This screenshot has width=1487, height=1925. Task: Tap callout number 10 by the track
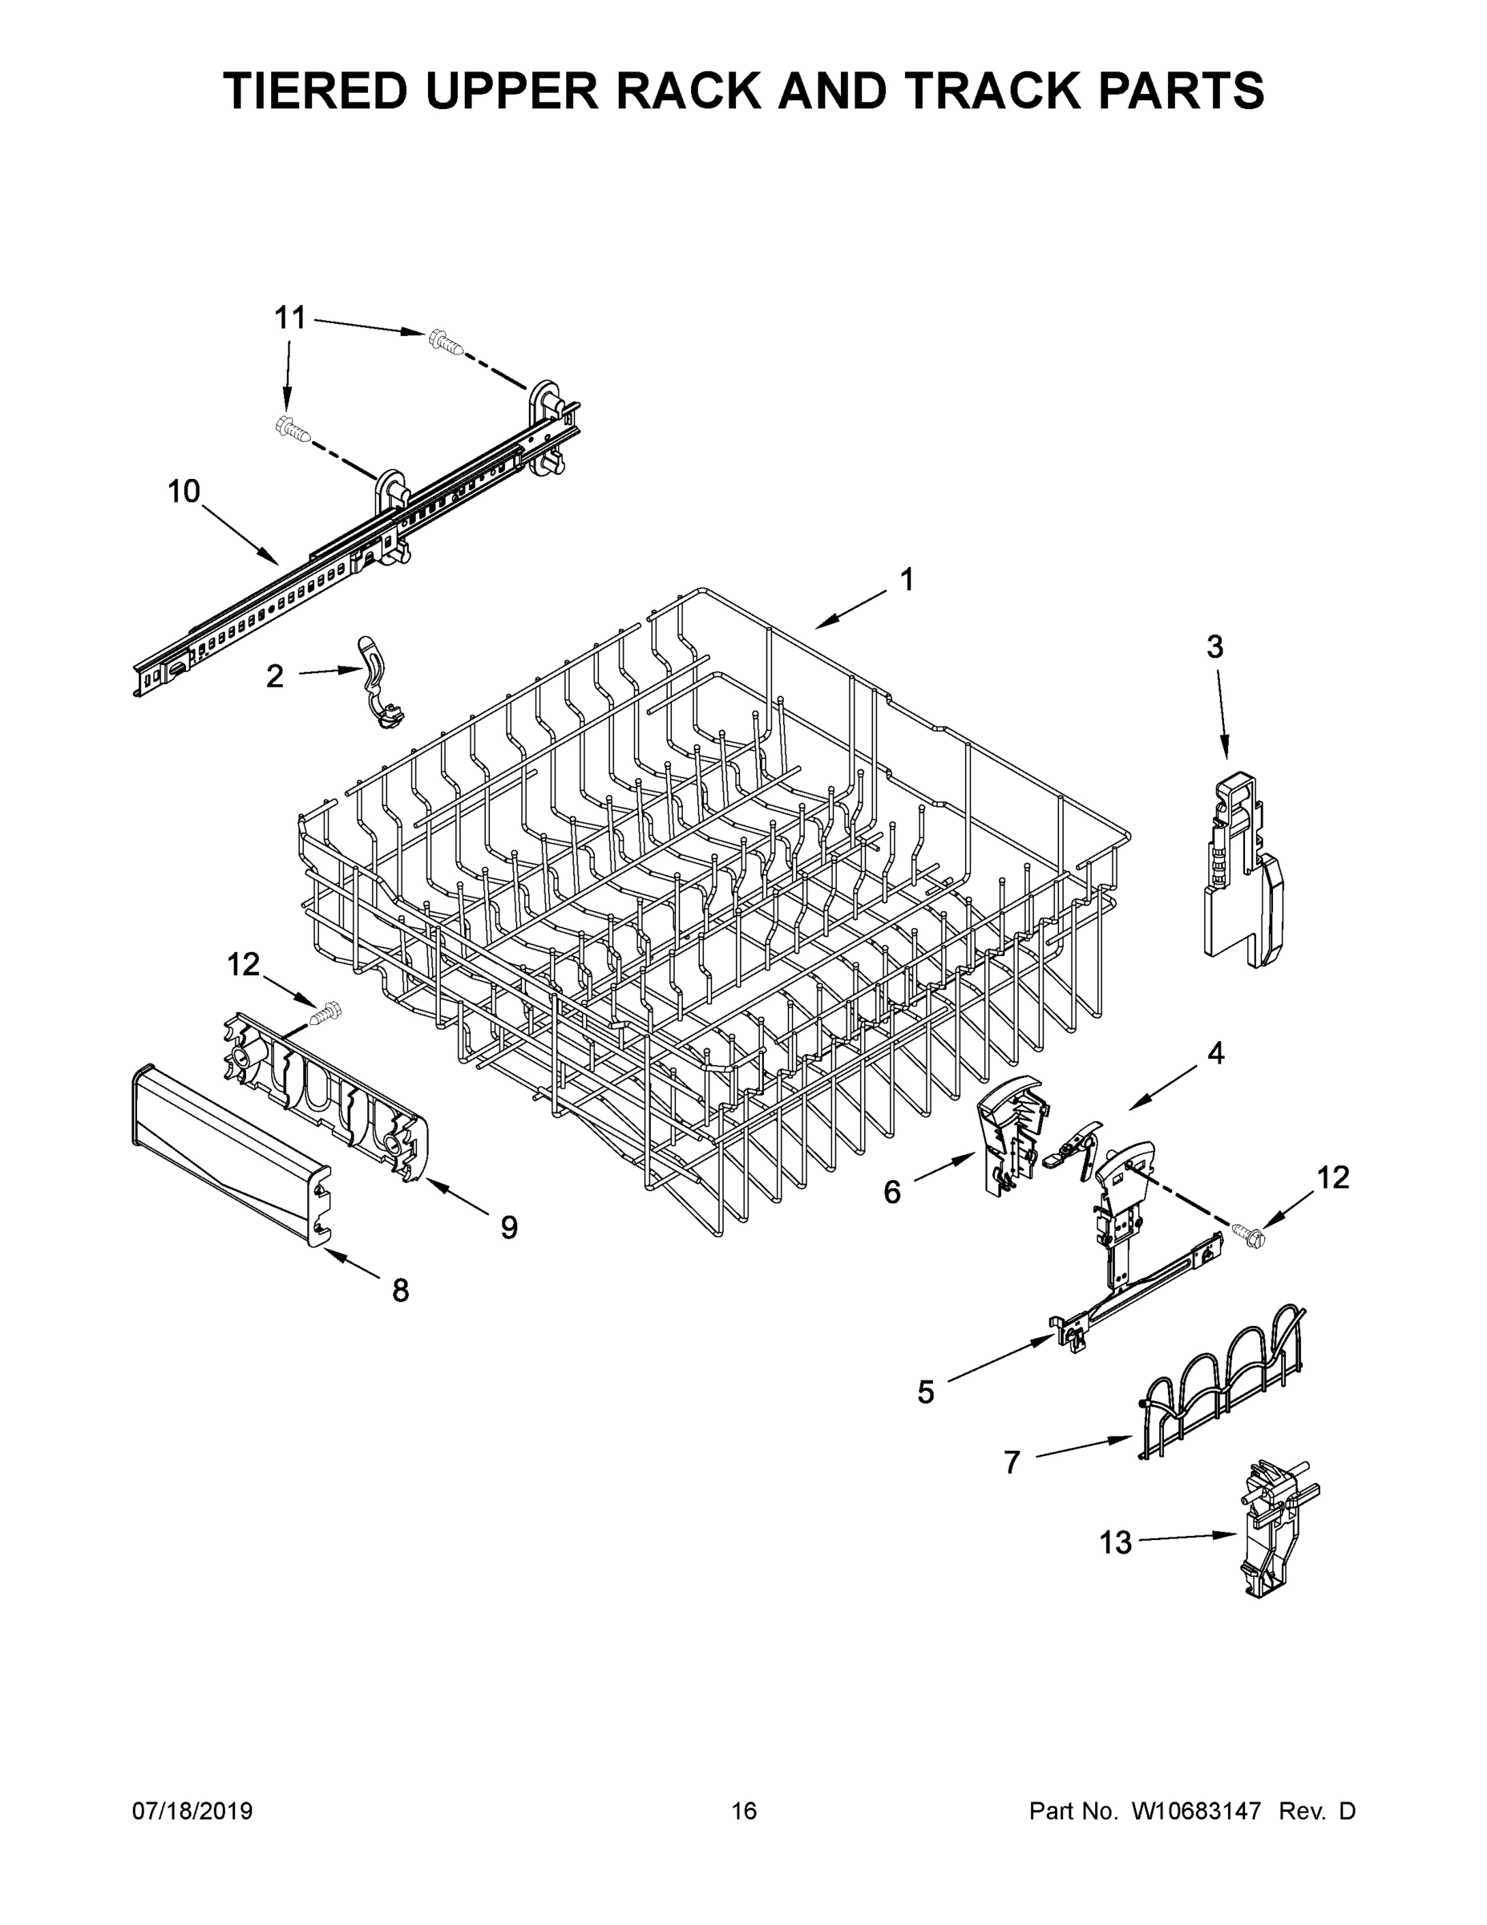click(x=184, y=491)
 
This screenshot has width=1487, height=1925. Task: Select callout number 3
click(x=1214, y=647)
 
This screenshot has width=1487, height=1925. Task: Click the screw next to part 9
click(x=327, y=1015)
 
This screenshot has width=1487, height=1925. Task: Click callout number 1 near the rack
click(x=907, y=580)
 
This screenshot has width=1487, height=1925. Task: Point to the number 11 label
click(x=290, y=318)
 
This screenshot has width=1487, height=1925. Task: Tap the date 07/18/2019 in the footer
click(x=192, y=1811)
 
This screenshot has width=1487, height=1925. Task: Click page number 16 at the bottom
click(x=744, y=1811)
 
